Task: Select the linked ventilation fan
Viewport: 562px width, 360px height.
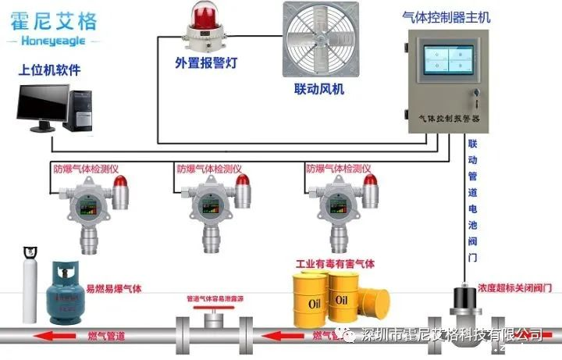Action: (x=314, y=43)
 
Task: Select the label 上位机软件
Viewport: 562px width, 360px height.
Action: (x=49, y=71)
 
